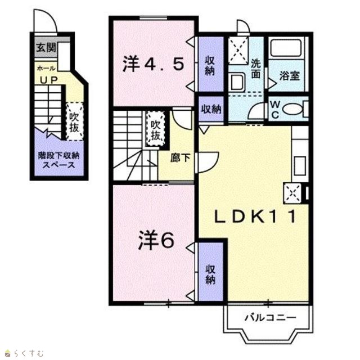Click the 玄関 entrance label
pos(46,48)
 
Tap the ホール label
pos(46,68)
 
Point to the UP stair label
pos(49,80)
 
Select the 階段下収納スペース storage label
pos(58,160)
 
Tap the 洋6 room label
pos(156,240)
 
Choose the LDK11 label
pos(255,217)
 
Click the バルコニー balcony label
pos(271,318)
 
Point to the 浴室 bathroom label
pos(290,76)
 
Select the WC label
pos(275,110)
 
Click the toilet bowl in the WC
pos(292,109)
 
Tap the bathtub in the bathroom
pos(286,48)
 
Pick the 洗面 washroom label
pos(255,69)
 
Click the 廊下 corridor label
pos(180,157)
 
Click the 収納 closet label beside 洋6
pos(210,274)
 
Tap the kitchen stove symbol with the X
pos(292,193)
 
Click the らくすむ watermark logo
pos(24,353)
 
